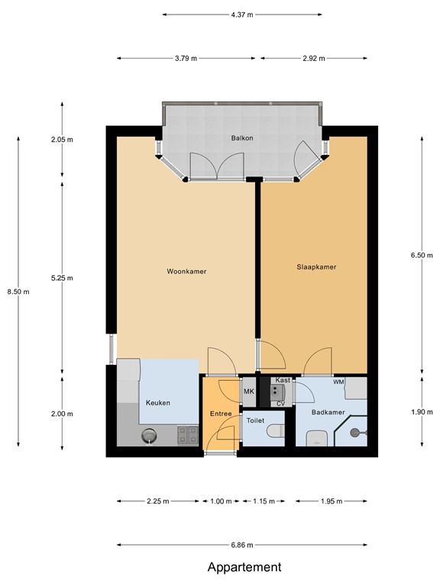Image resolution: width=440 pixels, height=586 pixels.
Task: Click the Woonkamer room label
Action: point(186,271)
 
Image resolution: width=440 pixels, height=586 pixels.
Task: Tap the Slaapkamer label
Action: point(316,267)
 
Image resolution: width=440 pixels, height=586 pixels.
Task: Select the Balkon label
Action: point(242,138)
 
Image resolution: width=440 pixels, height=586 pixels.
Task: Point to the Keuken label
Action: point(157,403)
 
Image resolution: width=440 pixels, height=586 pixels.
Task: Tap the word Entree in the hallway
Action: point(220,414)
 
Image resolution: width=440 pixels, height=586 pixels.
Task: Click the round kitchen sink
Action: point(149,436)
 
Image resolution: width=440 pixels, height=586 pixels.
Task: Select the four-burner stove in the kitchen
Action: point(187,435)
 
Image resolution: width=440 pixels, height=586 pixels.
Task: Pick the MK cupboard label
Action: point(248,392)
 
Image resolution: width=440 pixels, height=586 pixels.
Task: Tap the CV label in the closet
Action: point(280,403)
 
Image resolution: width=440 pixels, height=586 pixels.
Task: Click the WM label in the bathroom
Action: point(338,382)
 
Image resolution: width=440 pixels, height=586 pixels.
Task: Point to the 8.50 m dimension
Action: point(18,291)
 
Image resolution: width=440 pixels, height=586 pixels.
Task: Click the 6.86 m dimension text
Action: point(242,545)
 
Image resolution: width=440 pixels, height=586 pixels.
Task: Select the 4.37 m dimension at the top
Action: point(242,14)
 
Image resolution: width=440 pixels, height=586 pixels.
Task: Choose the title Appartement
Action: point(244,567)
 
